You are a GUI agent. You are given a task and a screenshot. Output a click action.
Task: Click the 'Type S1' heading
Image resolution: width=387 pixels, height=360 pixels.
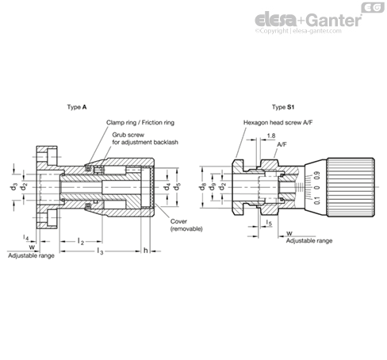282,105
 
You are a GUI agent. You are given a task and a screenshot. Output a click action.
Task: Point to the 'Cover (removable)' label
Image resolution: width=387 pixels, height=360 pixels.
186,224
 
